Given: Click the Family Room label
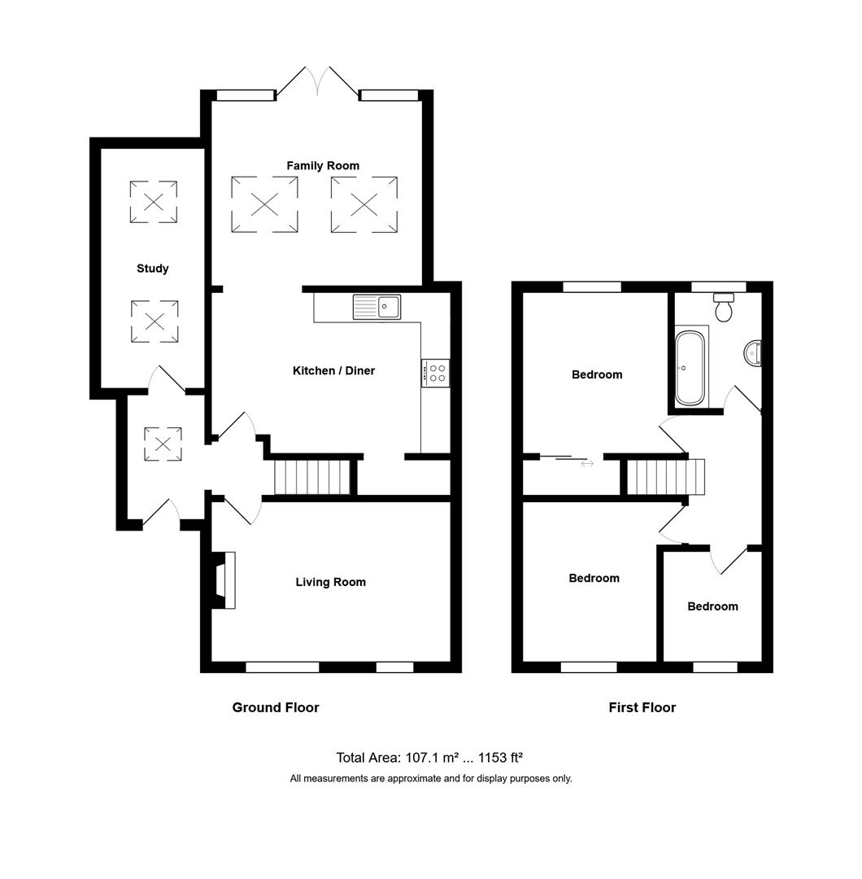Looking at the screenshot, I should click(x=322, y=166).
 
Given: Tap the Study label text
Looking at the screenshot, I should click(x=152, y=269).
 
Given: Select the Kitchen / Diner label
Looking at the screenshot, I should click(x=333, y=371).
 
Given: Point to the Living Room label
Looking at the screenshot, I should click(x=330, y=582).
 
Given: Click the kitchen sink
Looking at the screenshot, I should click(x=377, y=307).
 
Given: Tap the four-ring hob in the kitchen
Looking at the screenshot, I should click(x=436, y=373).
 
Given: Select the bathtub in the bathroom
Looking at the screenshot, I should click(x=691, y=367).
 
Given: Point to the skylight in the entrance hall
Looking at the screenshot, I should click(x=163, y=444).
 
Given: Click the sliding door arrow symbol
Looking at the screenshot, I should click(x=586, y=463).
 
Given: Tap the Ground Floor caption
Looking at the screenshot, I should click(x=276, y=708).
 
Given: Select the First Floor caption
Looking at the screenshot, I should click(x=642, y=708).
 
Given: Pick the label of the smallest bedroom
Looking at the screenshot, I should click(x=712, y=606).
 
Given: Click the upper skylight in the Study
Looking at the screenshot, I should click(x=154, y=202).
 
